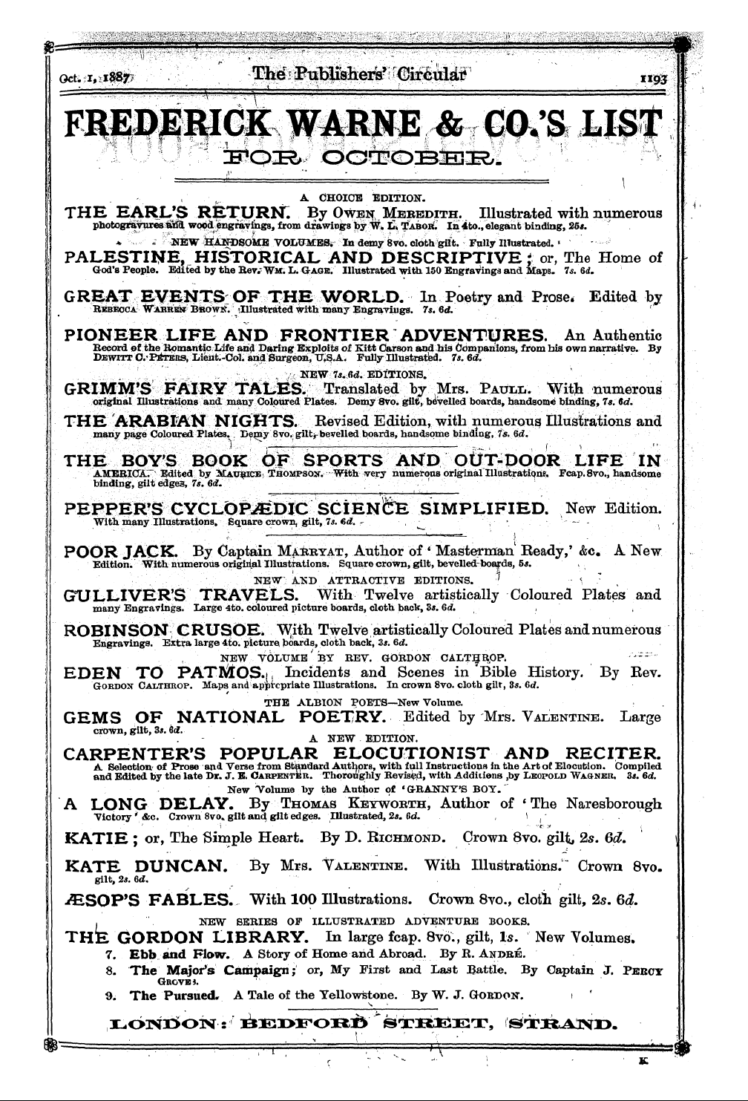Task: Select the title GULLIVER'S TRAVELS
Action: coord(176,595)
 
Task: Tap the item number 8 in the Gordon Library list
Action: coord(110,970)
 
